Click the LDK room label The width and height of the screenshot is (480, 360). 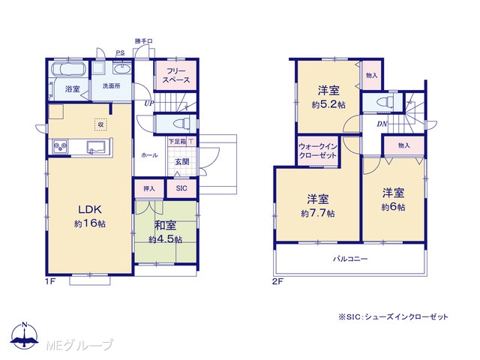(x=90, y=209)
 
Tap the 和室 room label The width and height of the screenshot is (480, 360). (x=165, y=226)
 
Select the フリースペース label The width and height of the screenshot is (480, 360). (x=176, y=76)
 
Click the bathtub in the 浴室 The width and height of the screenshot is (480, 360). (x=68, y=69)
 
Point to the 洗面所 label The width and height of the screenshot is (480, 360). (x=111, y=86)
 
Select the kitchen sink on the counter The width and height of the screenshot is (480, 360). (x=97, y=147)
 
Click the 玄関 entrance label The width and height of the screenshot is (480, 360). (x=181, y=162)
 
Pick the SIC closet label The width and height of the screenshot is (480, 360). (x=181, y=188)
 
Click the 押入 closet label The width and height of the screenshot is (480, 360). (x=149, y=188)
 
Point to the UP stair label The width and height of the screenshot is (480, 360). (x=149, y=103)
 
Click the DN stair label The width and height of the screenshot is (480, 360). (x=382, y=124)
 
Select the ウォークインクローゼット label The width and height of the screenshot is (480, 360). (x=318, y=151)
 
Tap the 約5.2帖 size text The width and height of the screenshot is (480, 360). (x=328, y=105)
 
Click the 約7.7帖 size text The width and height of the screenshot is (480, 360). (x=318, y=213)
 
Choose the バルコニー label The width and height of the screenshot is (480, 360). (x=350, y=259)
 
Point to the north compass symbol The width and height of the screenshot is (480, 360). (x=25, y=335)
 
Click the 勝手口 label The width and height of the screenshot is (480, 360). (x=144, y=41)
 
